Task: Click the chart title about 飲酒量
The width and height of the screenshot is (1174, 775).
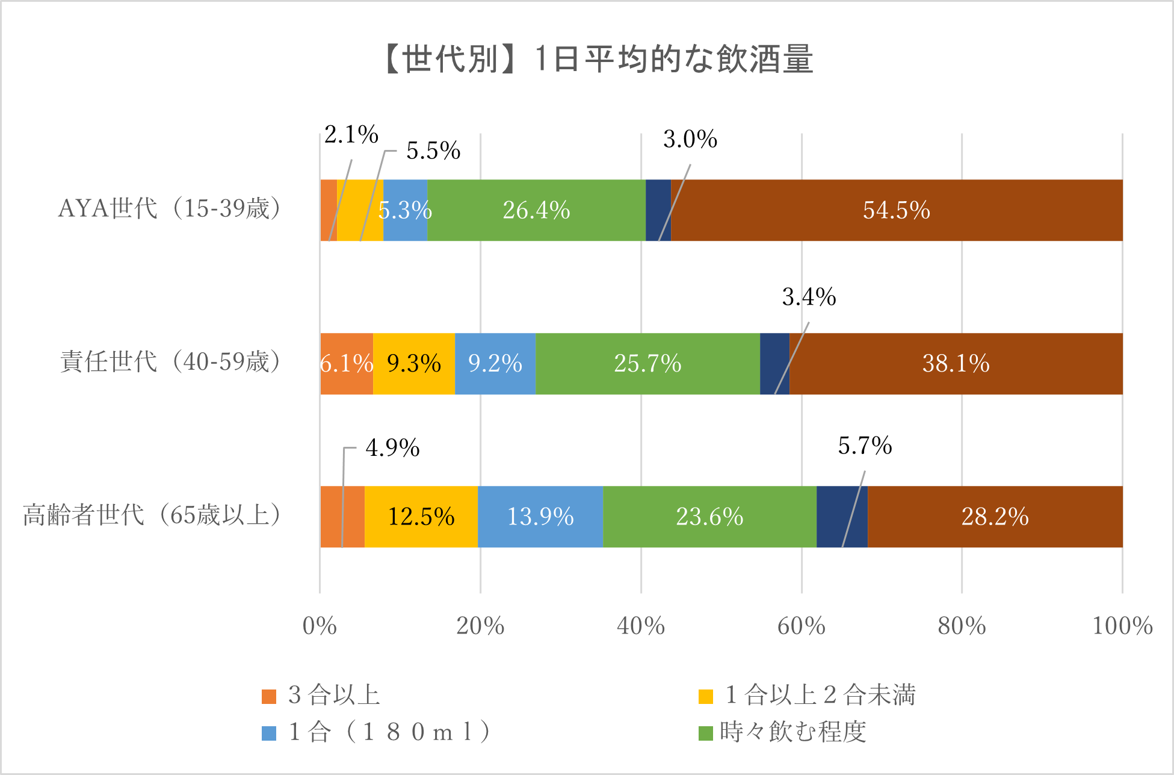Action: (598, 60)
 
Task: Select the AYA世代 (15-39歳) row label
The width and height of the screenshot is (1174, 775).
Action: (169, 209)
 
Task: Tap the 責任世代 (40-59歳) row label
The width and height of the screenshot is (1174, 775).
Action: (170, 362)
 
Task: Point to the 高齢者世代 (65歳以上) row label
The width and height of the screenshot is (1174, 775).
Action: (152, 515)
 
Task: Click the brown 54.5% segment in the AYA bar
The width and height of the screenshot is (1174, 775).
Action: (896, 210)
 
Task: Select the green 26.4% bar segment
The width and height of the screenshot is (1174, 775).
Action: (536, 210)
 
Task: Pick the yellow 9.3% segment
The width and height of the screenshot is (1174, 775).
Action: (414, 364)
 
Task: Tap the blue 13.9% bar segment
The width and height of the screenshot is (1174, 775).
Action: (540, 517)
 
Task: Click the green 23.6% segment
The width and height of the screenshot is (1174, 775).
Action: (709, 517)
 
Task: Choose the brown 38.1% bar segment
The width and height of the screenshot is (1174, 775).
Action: (956, 364)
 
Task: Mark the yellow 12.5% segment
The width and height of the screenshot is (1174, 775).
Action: (421, 517)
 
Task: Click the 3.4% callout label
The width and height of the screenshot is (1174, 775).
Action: (809, 297)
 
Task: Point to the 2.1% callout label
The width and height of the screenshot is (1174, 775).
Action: (351, 134)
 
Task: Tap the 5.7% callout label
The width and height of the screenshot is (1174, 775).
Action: (865, 446)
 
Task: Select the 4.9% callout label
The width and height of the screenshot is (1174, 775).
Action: (392, 448)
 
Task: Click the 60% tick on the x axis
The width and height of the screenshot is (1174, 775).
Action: (801, 626)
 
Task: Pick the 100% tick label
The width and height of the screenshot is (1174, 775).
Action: (1122, 626)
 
